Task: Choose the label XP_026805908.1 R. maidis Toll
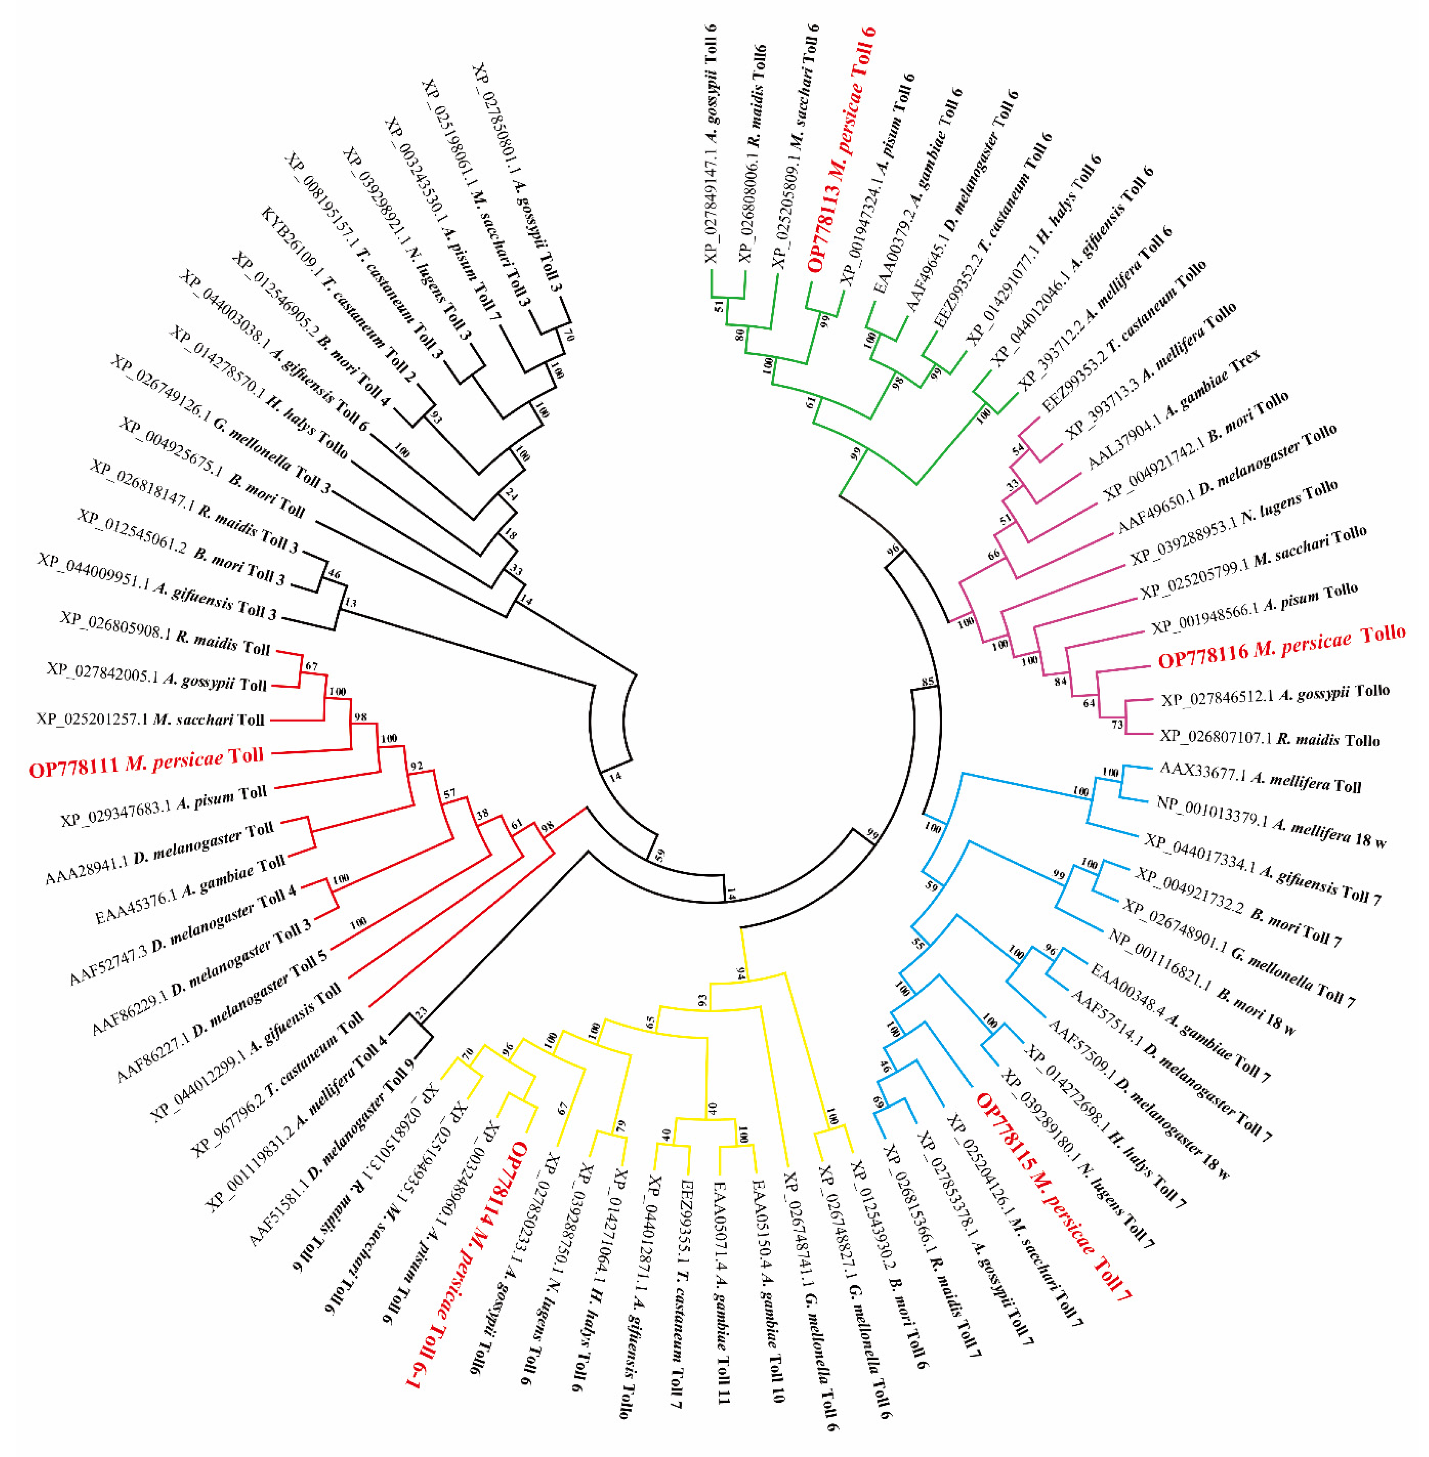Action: click(165, 632)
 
